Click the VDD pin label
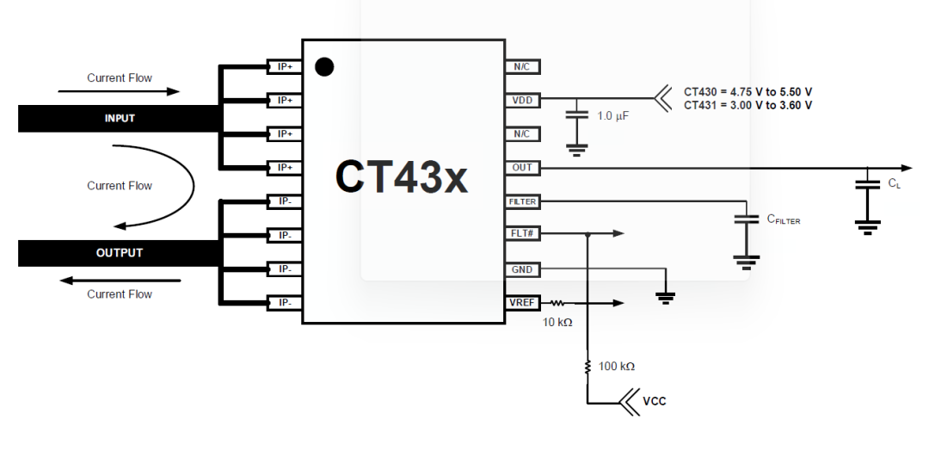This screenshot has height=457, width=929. [522, 100]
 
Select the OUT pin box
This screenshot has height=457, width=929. [522, 168]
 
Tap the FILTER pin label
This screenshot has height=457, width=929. [522, 201]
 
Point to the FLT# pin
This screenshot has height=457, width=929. [522, 233]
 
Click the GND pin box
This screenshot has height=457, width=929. [522, 269]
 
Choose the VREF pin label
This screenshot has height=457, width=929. [522, 303]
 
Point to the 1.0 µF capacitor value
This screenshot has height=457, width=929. [612, 115]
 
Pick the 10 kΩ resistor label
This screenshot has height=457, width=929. [557, 323]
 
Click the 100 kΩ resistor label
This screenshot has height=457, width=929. [616, 367]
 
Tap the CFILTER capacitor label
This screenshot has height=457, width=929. [784, 219]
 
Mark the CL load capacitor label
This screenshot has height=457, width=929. [895, 183]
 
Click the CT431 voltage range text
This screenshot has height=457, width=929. [748, 105]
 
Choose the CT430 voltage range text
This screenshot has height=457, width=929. [748, 91]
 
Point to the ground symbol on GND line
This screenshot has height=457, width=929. [665, 297]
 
